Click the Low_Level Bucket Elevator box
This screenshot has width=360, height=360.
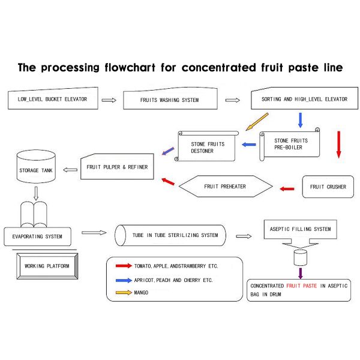tap(53, 100)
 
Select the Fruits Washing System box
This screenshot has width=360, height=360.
tap(169, 100)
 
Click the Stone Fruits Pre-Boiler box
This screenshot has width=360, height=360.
tap(289, 144)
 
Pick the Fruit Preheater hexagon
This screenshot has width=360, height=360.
tap(225, 187)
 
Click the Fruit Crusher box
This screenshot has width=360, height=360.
tap(328, 187)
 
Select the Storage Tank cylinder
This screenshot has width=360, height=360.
tap(37, 168)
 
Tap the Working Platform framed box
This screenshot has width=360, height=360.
tap(47, 265)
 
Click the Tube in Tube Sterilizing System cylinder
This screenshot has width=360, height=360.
tap(171, 235)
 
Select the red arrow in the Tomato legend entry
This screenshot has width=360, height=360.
tap(124, 265)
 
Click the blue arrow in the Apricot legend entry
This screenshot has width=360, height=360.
tap(124, 280)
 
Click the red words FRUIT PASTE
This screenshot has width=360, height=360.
tap(302, 286)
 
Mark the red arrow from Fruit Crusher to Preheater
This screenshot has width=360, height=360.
tap(288, 189)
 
